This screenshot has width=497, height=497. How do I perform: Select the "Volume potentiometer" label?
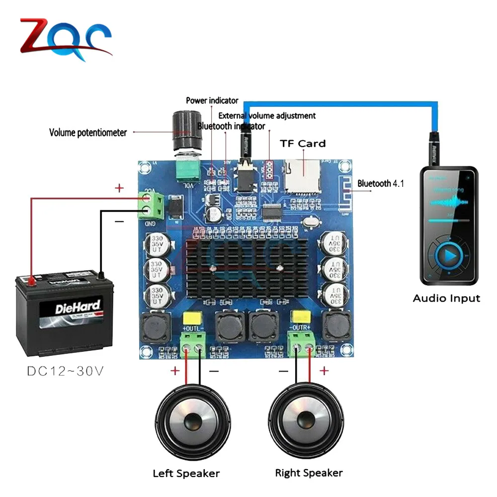(88, 133)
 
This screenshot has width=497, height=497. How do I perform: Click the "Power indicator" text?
(212, 101)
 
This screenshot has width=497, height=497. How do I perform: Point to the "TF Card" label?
(303, 144)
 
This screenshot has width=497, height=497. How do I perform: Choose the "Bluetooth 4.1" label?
(381, 183)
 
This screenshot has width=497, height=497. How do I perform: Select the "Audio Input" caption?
(446, 299)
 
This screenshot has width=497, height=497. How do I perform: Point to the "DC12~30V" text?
(65, 371)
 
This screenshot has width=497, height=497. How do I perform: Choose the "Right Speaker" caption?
(309, 473)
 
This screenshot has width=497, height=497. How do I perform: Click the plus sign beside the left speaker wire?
(174, 371)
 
